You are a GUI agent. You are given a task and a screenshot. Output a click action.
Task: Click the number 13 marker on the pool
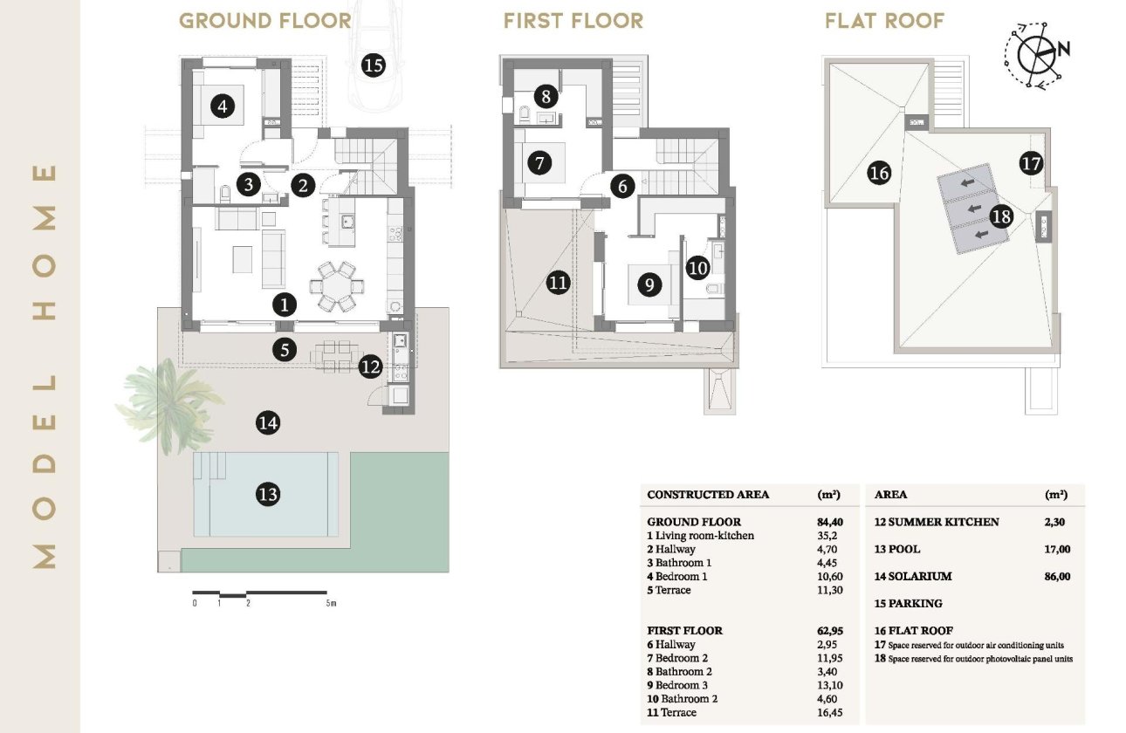[x=268, y=495]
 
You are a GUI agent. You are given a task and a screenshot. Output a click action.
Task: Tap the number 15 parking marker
[x=373, y=65]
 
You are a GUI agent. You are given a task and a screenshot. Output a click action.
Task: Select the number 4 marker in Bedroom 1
[x=223, y=107]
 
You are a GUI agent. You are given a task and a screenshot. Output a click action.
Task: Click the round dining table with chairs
[x=337, y=284]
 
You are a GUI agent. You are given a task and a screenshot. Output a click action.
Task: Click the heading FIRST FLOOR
[x=573, y=21]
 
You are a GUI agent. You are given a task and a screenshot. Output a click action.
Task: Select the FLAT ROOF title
[x=884, y=21]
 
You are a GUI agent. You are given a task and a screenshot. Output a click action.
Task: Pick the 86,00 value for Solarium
[x=1056, y=577]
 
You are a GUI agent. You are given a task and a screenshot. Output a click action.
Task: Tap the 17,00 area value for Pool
[x=1056, y=550]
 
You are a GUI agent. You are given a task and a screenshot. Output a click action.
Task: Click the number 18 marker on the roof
[x=1000, y=216]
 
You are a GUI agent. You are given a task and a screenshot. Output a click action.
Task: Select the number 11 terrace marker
[x=558, y=282]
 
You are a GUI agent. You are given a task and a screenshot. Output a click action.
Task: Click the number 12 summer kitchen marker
[x=370, y=367]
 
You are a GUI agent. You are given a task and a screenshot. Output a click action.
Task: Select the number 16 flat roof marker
[x=879, y=174]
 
